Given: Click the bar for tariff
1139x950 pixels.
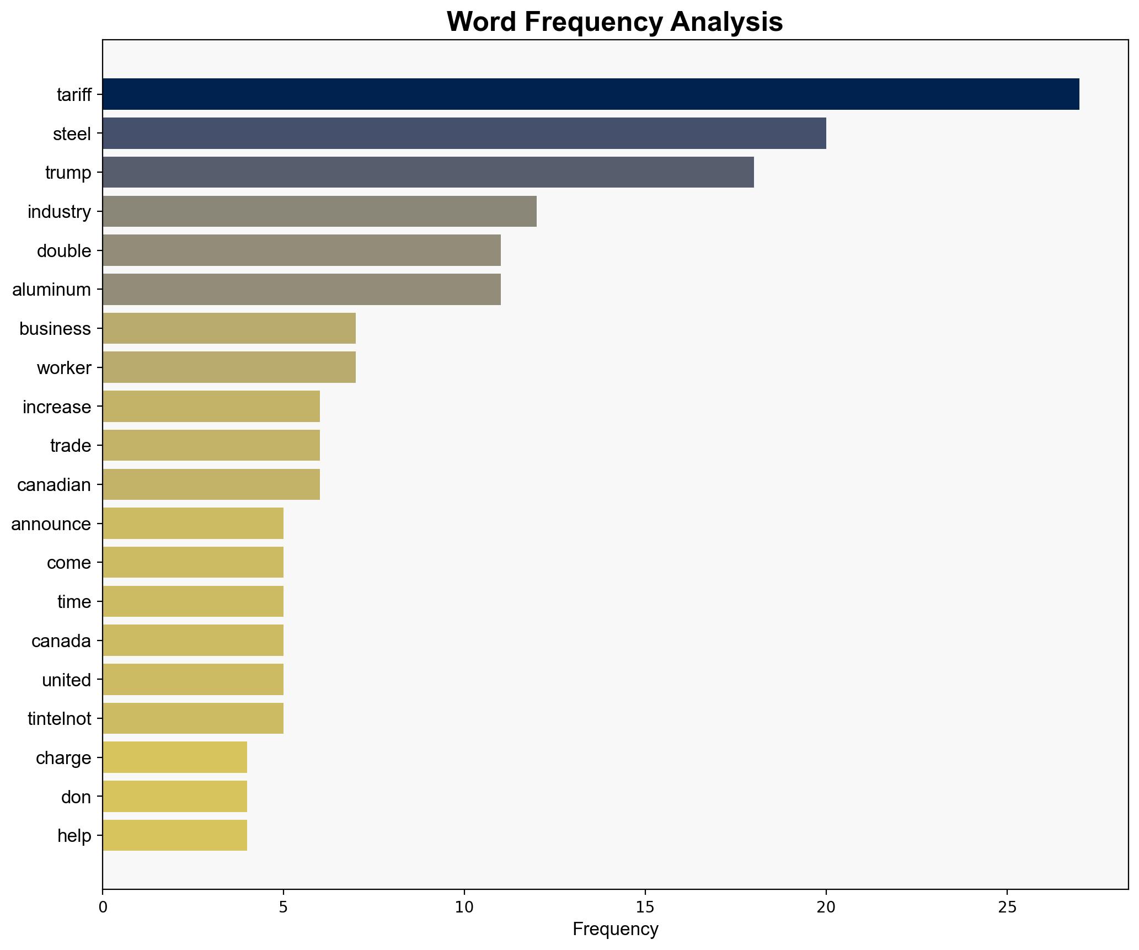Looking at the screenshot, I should [x=590, y=94].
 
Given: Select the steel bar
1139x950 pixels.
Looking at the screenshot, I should [x=464, y=134].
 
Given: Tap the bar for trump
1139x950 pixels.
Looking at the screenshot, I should [x=428, y=172].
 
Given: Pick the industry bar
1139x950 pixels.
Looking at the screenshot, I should [x=319, y=211].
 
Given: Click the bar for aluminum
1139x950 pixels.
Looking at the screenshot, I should [x=301, y=290].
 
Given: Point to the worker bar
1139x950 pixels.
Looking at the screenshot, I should [x=229, y=367].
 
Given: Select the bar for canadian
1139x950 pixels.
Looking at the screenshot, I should [x=211, y=484].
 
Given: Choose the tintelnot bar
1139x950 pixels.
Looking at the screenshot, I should [x=192, y=718].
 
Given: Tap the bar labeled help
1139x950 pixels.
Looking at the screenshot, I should [x=174, y=835].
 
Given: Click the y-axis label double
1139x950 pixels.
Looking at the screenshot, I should [x=64, y=251].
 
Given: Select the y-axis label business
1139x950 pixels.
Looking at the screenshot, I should [x=55, y=329].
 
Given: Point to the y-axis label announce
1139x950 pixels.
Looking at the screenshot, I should [x=51, y=524].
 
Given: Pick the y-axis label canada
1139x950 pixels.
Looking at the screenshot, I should [x=61, y=641].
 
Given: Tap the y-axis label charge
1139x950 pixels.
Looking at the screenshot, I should [x=63, y=758].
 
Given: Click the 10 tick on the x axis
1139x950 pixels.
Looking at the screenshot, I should [x=464, y=907].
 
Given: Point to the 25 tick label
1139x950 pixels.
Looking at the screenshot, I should [x=1007, y=907].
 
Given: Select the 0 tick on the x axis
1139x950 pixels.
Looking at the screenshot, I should [x=103, y=907].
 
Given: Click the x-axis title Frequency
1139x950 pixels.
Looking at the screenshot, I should [x=615, y=930].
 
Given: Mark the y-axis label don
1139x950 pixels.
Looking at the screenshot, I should [x=76, y=797].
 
